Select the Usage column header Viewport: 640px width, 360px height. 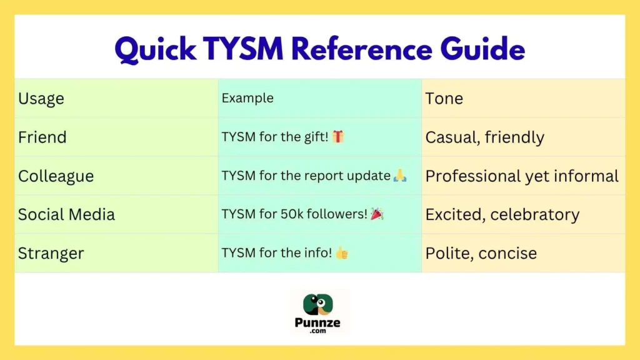[x=41, y=99]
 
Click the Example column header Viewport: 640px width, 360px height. [x=247, y=98]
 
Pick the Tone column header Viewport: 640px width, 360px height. [x=444, y=99]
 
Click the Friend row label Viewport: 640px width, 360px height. [x=42, y=137]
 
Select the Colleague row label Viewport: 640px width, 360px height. [x=56, y=176]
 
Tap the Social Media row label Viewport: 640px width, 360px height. [x=66, y=215]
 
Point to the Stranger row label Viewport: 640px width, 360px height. [x=51, y=254]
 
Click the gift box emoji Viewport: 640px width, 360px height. [x=338, y=137]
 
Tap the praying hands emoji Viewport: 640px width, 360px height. [x=400, y=176]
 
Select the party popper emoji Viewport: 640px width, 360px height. [x=377, y=214]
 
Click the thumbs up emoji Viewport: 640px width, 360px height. [x=342, y=253]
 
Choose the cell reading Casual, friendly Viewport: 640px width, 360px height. [x=484, y=137]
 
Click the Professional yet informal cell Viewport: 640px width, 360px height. [x=522, y=176]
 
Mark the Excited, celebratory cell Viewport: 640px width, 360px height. [x=502, y=215]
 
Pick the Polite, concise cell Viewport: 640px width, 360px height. [x=481, y=254]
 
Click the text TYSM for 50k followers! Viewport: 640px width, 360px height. [x=294, y=214]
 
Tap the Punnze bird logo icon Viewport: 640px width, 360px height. [x=319, y=304]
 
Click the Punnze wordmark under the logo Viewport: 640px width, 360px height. [x=319, y=323]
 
